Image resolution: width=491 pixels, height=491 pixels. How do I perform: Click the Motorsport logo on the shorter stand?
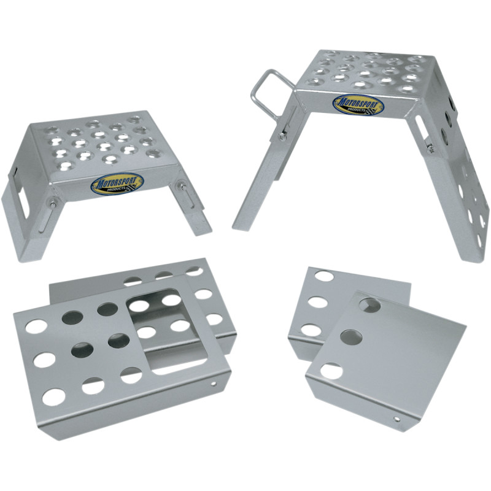point(117,183)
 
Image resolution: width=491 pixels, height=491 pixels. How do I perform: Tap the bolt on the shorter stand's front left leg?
point(53,204)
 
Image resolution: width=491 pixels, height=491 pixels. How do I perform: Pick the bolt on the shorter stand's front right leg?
point(181,185)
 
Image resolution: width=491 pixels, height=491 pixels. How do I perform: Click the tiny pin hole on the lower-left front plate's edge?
point(214,385)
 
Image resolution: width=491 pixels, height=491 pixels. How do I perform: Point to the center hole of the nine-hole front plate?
point(83,350)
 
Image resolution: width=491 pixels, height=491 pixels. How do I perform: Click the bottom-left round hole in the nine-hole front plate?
point(53,396)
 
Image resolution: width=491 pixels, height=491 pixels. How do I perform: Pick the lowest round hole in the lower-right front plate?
point(332,371)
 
